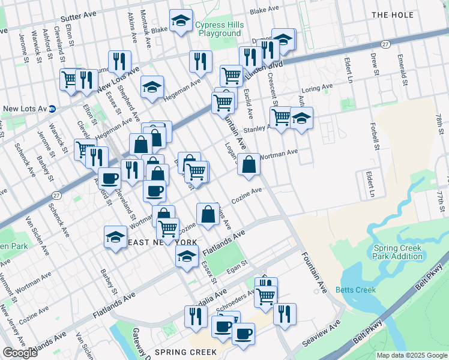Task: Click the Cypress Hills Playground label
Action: coord(218,29)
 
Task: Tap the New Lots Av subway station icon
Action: coord(52,109)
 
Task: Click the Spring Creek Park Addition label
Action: coord(397,252)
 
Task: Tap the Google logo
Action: coord(20,353)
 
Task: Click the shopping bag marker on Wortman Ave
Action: coord(249,163)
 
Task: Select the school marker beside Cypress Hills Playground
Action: coord(181,21)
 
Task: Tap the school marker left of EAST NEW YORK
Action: coord(115,236)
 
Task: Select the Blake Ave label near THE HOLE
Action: coord(265,10)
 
